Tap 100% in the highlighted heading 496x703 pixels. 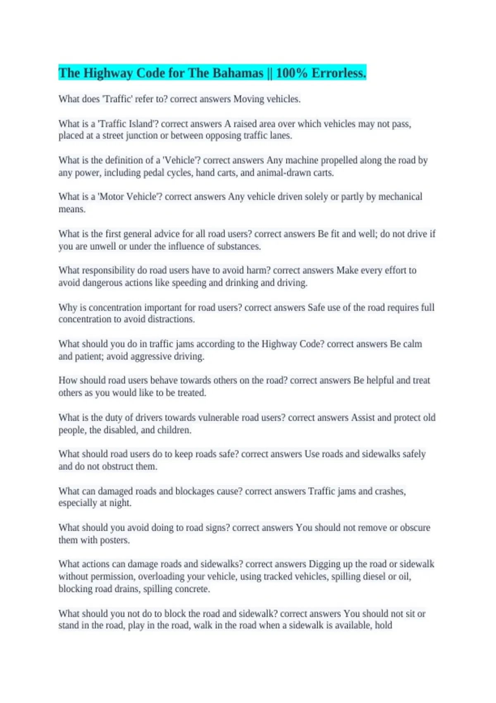291,73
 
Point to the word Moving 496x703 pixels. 248,99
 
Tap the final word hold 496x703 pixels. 383,625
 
